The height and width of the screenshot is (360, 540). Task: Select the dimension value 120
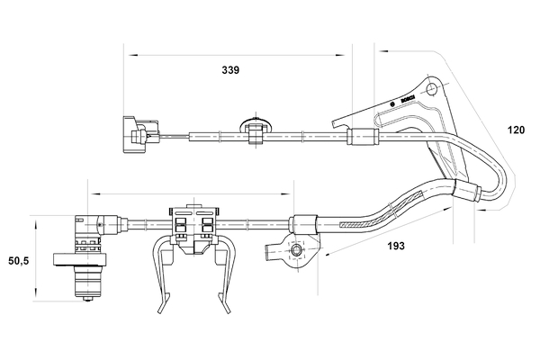tap(517, 130)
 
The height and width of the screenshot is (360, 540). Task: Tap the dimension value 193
tap(396, 245)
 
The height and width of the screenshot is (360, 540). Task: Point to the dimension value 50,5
tap(17, 261)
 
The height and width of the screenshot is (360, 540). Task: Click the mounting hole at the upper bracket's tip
tap(434, 89)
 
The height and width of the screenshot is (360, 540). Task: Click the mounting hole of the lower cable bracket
tap(292, 250)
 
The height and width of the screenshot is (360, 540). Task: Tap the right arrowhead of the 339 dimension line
tap(346, 52)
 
